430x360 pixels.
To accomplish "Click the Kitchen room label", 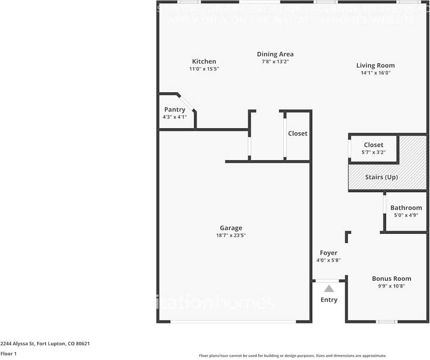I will click(x=204, y=61).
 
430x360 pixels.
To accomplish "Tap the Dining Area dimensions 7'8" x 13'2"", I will click(x=275, y=62).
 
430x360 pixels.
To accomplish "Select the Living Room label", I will click(x=375, y=65).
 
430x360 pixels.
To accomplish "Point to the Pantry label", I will click(x=175, y=109).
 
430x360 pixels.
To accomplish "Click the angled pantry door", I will click(x=187, y=103).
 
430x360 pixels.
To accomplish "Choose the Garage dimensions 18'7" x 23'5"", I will click(x=231, y=235).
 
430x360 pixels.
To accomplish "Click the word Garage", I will click(x=231, y=228).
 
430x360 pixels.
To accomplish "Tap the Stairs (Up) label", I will click(x=381, y=177).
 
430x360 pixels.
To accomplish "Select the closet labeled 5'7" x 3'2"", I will click(x=374, y=148).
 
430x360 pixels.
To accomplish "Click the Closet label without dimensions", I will click(x=298, y=134).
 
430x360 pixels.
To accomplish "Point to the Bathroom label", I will click(x=406, y=208).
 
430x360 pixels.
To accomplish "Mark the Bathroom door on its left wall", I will click(x=384, y=207).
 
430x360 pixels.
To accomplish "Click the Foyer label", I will click(x=328, y=253).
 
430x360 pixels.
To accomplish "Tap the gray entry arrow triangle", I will click(x=329, y=289).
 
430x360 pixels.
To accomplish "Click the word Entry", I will click(x=329, y=299).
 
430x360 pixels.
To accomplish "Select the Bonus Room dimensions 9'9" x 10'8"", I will click(x=391, y=286).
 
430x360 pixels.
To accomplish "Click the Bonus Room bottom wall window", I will click(x=387, y=322).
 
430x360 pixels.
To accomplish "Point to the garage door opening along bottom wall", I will click(x=233, y=322).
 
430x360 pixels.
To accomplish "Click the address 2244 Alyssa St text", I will click(x=45, y=344).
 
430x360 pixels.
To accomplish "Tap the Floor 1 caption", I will click(x=8, y=354).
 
